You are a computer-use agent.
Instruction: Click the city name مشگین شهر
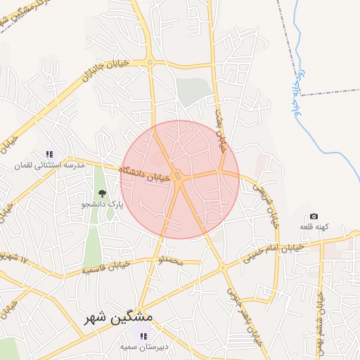click(117, 317)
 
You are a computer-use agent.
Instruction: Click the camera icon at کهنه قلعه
click(314, 216)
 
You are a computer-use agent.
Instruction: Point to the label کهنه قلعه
click(314, 227)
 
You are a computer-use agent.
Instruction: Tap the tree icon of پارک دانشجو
click(103, 193)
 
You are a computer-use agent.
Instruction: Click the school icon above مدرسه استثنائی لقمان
click(49, 154)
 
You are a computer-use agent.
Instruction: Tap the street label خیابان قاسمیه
click(106, 266)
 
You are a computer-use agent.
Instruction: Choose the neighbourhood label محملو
click(169, 261)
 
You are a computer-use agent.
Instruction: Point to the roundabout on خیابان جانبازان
click(150, 63)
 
